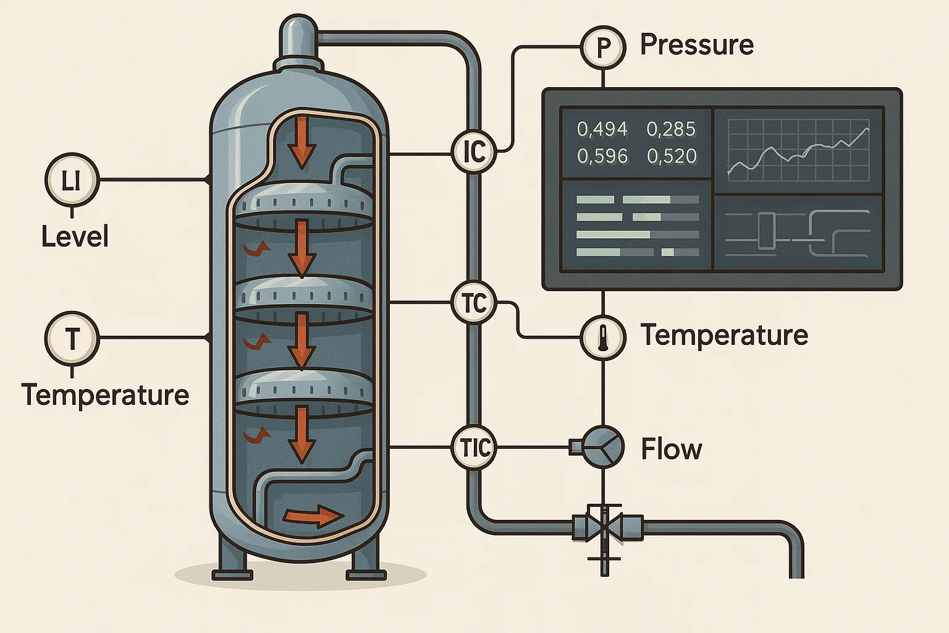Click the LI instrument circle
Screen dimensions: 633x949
tap(72, 181)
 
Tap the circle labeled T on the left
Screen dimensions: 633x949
tap(72, 339)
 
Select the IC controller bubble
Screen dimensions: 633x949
tap(474, 151)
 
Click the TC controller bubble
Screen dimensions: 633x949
tap(474, 303)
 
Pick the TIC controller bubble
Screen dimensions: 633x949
tap(474, 448)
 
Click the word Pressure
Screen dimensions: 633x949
tap(697, 45)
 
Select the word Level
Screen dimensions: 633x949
tap(75, 237)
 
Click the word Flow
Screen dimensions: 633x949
tap(672, 449)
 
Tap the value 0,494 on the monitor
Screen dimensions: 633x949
tap(602, 129)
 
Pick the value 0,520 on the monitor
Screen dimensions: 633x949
tap(672, 156)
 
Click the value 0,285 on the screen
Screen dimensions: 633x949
tap(671, 129)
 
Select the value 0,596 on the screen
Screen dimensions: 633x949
tap(602, 156)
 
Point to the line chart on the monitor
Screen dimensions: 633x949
tap(798, 150)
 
